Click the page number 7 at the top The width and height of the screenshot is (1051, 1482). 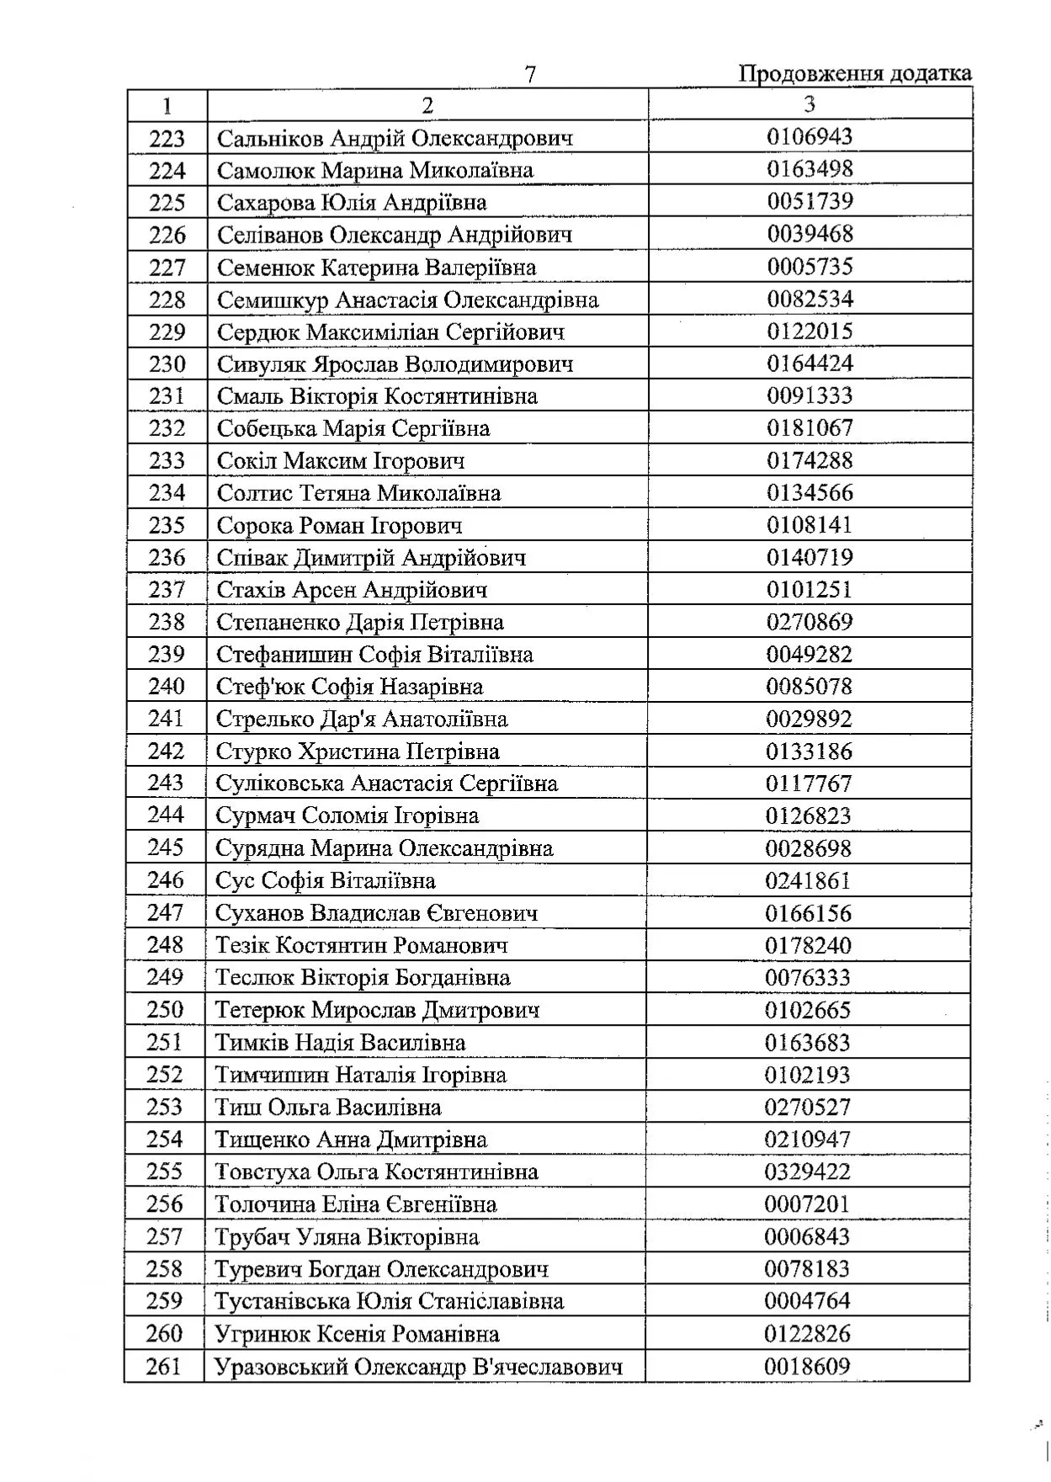pos(530,75)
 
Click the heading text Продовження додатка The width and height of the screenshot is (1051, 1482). pos(855,74)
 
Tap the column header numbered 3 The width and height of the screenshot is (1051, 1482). pos(809,104)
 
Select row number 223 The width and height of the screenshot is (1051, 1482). pos(167,138)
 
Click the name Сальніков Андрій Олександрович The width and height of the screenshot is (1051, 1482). pos(395,138)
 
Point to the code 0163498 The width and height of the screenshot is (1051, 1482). pos(809,169)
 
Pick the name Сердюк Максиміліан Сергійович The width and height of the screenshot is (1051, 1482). pos(390,332)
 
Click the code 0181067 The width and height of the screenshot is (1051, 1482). pos(809,428)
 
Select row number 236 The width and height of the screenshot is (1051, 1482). pos(167,557)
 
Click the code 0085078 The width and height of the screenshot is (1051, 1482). pos(809,687)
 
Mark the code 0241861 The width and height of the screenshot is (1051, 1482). pos(808,880)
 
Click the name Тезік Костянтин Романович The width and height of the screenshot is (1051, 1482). pos(362,945)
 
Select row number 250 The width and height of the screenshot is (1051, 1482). pos(165,1010)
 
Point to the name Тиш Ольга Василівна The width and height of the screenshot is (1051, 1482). pos(328,1107)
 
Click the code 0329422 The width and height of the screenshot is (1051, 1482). pos(807,1171)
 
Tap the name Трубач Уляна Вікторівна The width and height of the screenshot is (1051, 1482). pos(347,1236)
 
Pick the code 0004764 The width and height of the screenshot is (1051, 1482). pos(807,1301)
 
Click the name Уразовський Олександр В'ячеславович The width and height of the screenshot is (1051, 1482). pos(419,1366)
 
